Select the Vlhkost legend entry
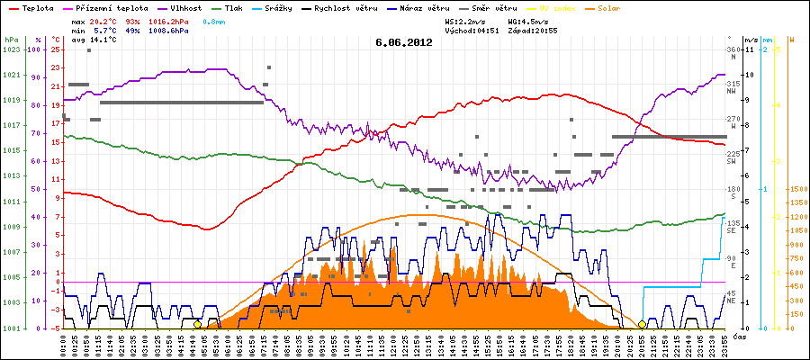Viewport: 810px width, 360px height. (x=184, y=6)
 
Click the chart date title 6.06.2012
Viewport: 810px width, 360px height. (x=404, y=41)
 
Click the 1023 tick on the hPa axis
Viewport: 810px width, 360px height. (x=12, y=50)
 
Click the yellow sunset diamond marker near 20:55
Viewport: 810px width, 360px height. (x=642, y=324)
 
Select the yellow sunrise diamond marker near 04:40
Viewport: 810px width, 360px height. (x=197, y=324)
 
